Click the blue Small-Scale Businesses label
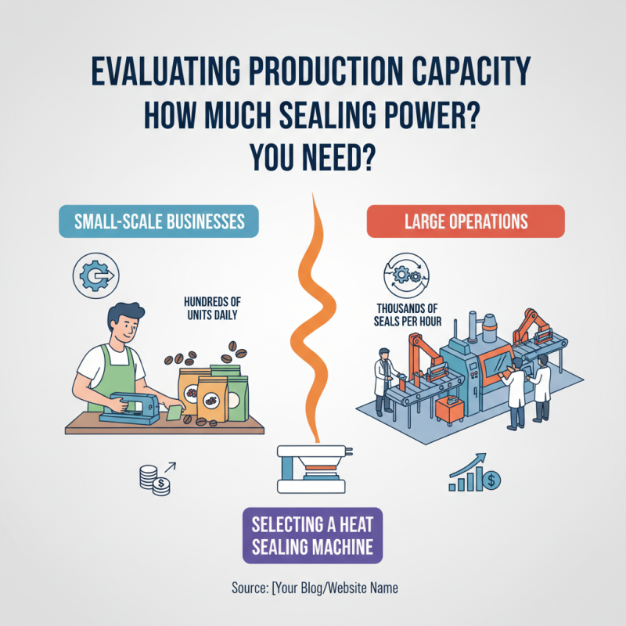159,221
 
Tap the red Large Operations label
466,221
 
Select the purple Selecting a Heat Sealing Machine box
312,535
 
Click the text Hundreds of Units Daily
212,308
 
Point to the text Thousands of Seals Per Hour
408,315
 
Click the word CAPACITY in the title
471,71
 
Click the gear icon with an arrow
95,275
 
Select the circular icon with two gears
406,275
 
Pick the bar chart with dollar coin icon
475,473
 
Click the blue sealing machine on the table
129,408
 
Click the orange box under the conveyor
450,409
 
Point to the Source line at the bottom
315,588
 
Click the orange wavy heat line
313,318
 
